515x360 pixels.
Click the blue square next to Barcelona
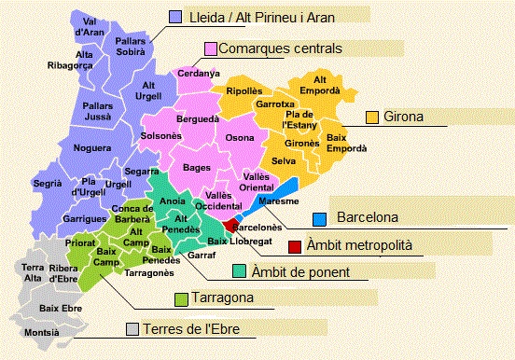[x=319, y=218]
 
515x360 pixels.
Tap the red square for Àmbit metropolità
[x=295, y=246]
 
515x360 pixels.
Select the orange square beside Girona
[x=371, y=118]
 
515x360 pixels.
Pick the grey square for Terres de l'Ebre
[x=132, y=329]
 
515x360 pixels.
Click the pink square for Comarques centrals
[x=211, y=48]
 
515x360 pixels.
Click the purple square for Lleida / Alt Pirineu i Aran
[x=174, y=17]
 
